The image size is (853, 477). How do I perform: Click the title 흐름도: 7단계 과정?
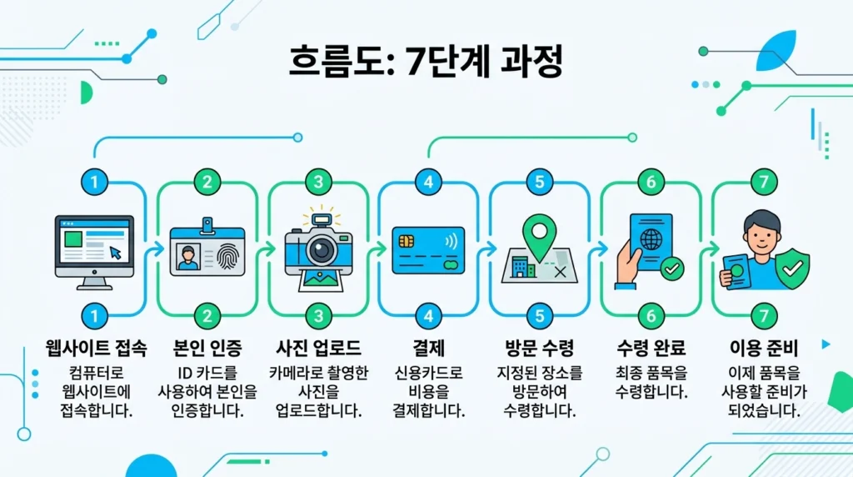pyautogui.click(x=426, y=62)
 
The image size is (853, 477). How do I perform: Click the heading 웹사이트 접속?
pyautogui.click(x=94, y=349)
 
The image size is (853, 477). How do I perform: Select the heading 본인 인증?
pyautogui.click(x=207, y=349)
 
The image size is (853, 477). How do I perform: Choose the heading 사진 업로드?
pyautogui.click(x=317, y=349)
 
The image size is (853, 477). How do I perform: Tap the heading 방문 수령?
pyautogui.click(x=539, y=349)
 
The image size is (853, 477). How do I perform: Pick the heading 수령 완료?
pyautogui.click(x=651, y=349)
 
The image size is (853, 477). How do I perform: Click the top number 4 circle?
pyautogui.click(x=428, y=182)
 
